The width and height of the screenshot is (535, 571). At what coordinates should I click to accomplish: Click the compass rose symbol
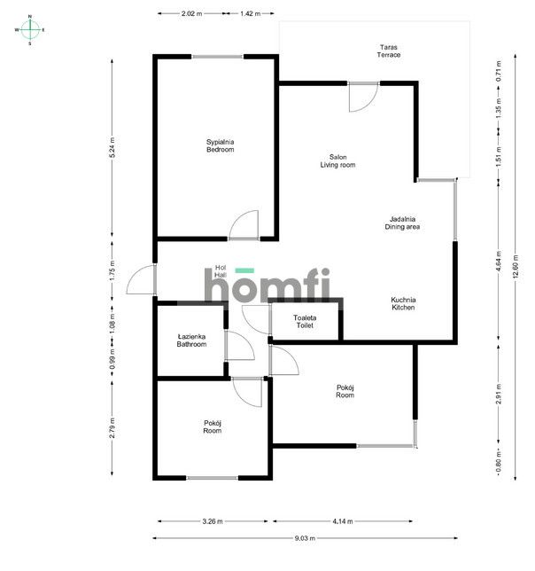(x=29, y=29)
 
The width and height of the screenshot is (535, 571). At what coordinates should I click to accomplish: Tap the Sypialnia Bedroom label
(x=220, y=145)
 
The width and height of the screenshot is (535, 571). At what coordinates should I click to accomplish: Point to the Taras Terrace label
(x=388, y=51)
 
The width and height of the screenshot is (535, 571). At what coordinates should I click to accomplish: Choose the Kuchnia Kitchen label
(x=403, y=304)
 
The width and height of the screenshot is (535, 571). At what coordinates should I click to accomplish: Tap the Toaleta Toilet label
(x=305, y=322)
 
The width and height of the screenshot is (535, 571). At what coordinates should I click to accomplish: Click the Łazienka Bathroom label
(x=191, y=340)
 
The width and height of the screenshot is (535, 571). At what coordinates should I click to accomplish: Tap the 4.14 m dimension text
(x=341, y=521)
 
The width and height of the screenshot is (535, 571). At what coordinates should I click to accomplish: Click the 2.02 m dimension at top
(x=190, y=14)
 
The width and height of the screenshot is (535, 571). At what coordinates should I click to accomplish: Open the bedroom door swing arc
(x=244, y=225)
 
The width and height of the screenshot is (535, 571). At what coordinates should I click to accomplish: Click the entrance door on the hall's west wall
(x=142, y=281)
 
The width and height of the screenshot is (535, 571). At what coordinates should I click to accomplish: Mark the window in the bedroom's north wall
(x=217, y=57)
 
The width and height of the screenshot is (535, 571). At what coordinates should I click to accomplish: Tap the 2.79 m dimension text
(x=112, y=429)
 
